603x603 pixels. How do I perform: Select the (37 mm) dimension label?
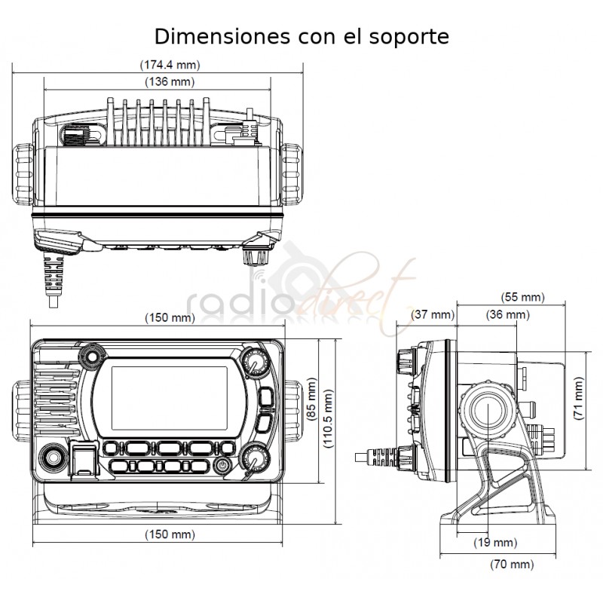433,314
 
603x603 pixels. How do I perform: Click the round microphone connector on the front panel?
53,458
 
